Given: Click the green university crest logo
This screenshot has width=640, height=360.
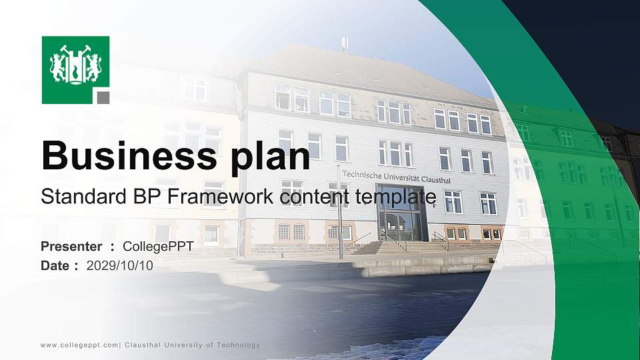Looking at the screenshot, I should pos(75,69).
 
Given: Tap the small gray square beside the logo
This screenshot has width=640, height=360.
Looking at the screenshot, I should pos(103,97).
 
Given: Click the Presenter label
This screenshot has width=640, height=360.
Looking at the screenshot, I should pos(71,247).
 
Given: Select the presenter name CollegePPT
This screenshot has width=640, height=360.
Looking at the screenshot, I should pos(159,247).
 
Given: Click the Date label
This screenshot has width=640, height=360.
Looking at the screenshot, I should pos(55,265).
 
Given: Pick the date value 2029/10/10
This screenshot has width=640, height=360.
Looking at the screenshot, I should pos(119,265).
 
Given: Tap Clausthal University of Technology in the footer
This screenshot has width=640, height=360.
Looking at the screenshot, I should pos(193,345).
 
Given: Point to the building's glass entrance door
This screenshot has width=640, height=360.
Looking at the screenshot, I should pos(400,225).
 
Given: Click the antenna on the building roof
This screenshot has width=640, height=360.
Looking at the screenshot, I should pos(345,45).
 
